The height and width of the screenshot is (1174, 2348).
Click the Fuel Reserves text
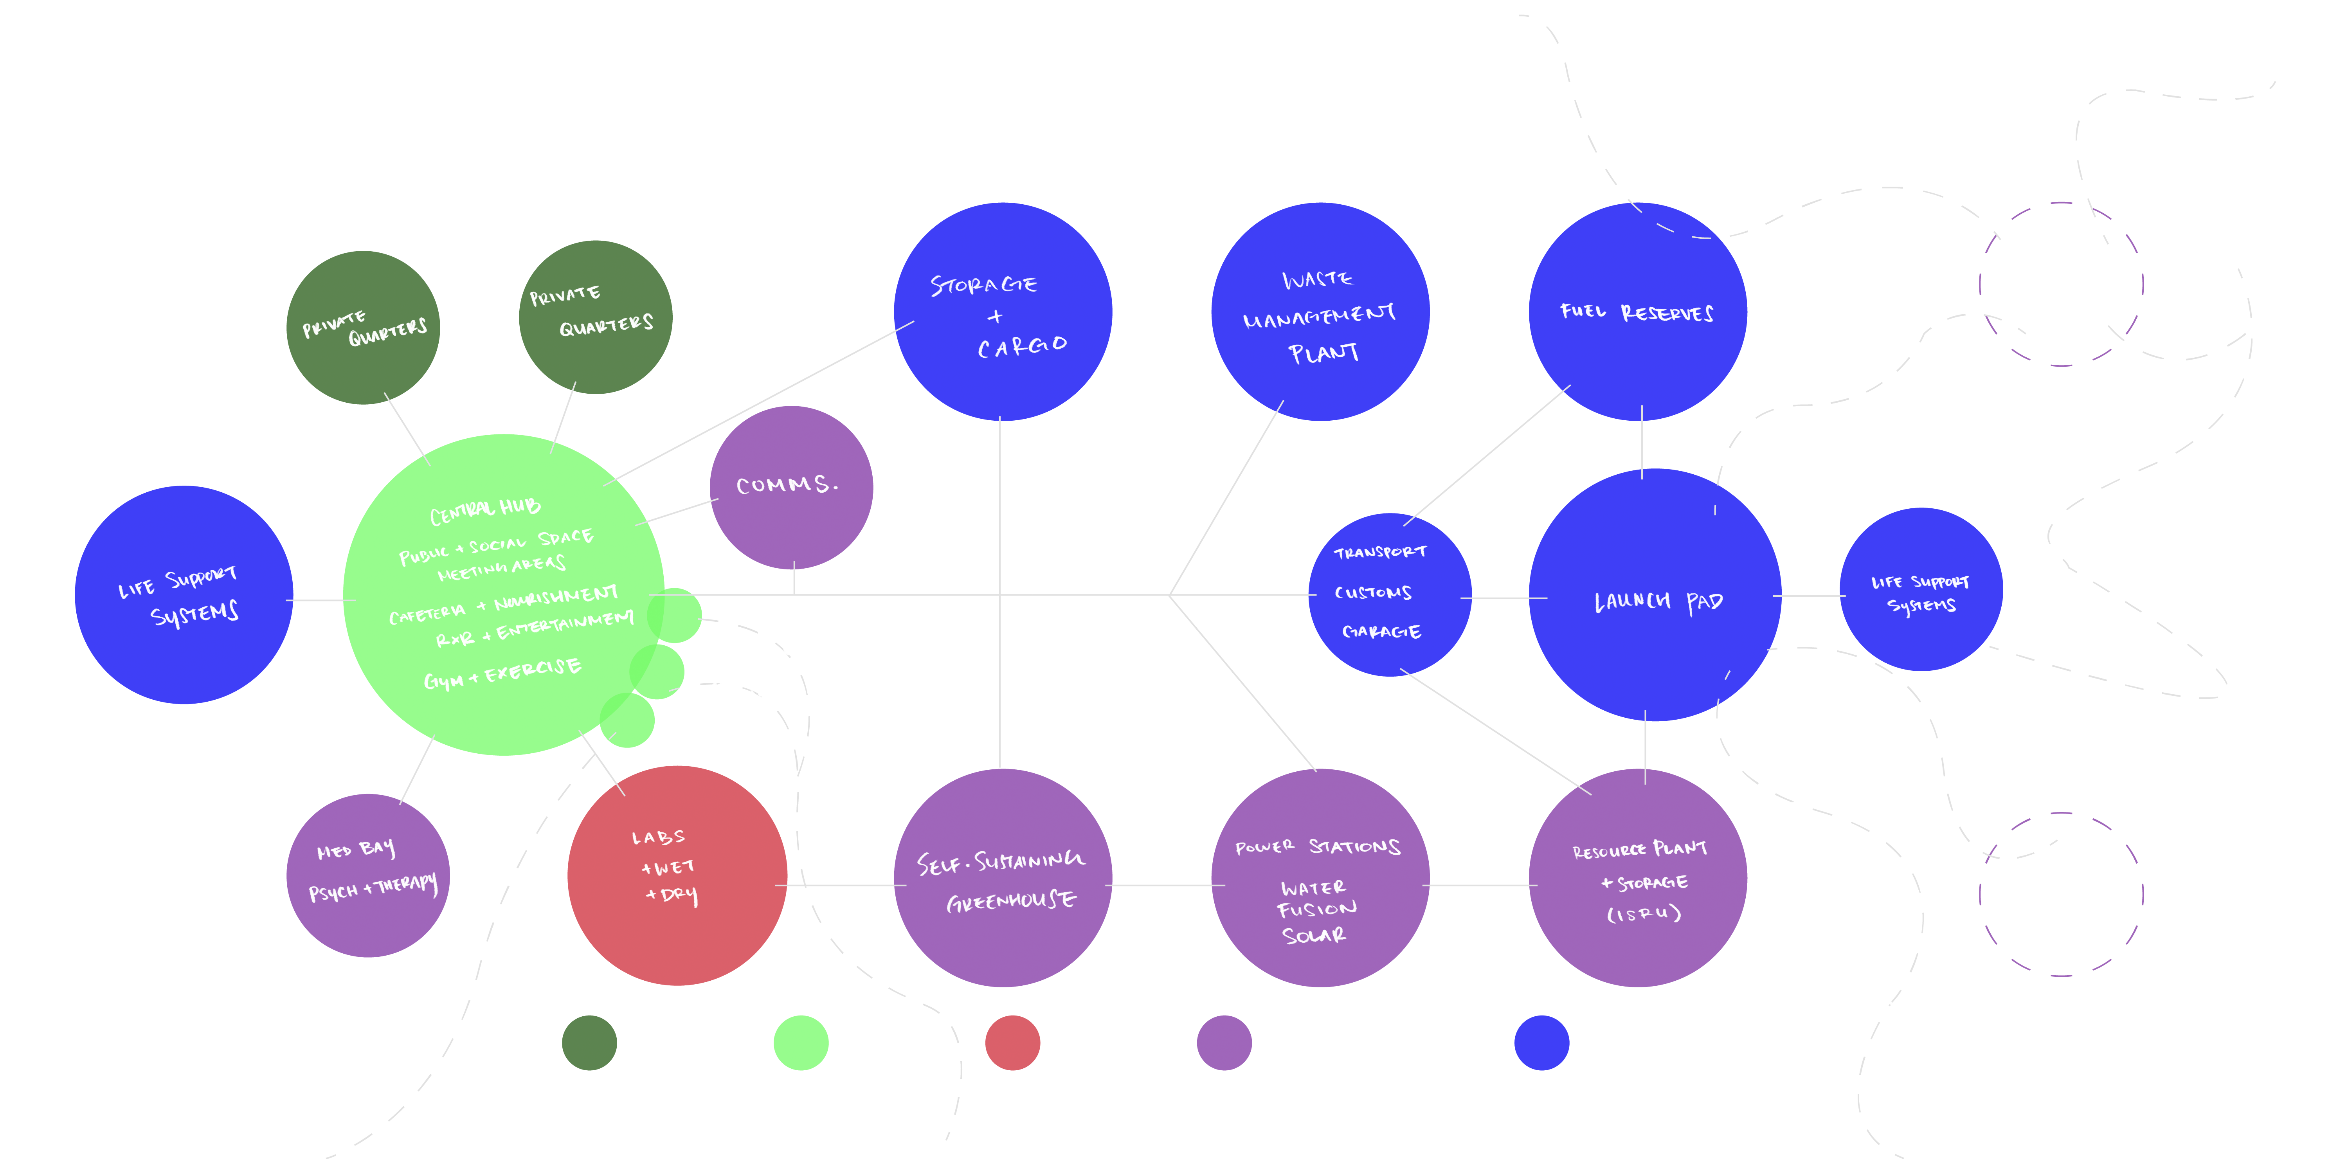(x=1636, y=313)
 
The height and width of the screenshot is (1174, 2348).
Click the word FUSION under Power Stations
(x=1316, y=910)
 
